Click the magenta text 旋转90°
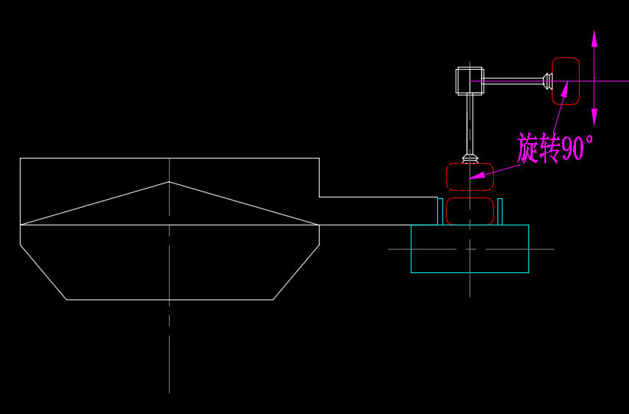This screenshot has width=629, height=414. click(554, 148)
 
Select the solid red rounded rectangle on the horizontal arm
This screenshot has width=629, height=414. click(566, 81)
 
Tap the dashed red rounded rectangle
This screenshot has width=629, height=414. click(470, 177)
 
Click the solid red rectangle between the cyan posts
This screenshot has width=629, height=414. click(470, 211)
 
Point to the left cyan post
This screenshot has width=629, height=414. click(440, 211)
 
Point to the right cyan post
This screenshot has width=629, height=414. click(500, 211)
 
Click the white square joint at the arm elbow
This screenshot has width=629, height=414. click(470, 81)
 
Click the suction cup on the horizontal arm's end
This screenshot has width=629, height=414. click(547, 81)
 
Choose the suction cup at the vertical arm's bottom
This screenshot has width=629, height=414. click(470, 157)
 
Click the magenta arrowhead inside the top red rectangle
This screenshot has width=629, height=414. click(564, 90)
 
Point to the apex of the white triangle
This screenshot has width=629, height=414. click(169, 181)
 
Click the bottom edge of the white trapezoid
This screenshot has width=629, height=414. click(169, 299)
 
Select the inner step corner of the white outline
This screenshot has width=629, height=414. click(319, 197)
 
